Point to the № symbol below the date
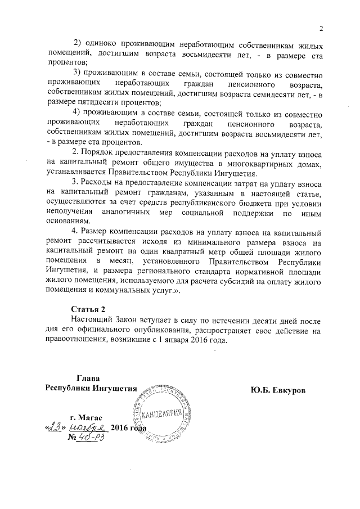(72, 439)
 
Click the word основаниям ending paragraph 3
(69, 223)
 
